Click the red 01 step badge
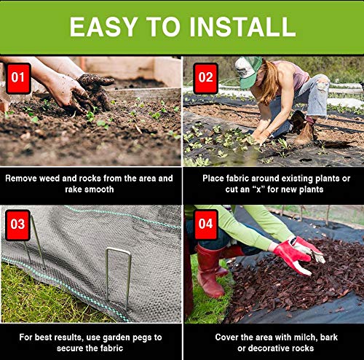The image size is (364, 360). tap(18, 78)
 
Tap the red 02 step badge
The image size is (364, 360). tap(205, 78)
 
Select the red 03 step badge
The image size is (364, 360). tap(18, 225)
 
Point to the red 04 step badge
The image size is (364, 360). tap(205, 224)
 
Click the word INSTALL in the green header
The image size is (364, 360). tap(242, 27)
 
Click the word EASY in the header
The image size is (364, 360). tap(103, 27)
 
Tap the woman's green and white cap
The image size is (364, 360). tap(248, 71)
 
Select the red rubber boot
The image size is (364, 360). tap(210, 271)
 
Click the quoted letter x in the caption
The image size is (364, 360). tap(258, 189)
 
